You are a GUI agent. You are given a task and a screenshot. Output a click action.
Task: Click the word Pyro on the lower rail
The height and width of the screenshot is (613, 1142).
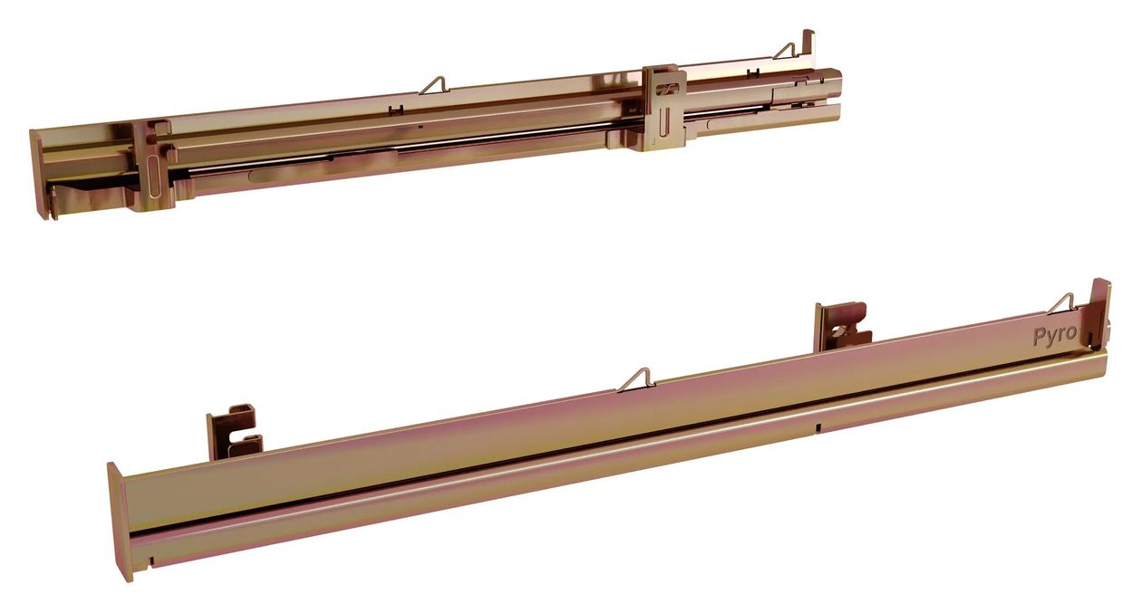[x=1055, y=335]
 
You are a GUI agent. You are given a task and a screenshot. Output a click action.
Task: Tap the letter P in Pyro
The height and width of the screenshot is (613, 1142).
[x=1039, y=337]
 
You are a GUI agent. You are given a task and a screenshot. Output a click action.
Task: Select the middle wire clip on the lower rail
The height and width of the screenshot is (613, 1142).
[x=636, y=380]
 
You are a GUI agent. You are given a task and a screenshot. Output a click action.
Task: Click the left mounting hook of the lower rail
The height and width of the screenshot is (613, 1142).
[x=235, y=431]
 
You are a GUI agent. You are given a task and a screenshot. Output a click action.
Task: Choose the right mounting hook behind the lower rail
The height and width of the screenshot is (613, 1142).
[x=842, y=326]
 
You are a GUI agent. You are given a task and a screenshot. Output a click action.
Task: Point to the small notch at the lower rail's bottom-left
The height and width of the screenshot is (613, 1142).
[x=151, y=561]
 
